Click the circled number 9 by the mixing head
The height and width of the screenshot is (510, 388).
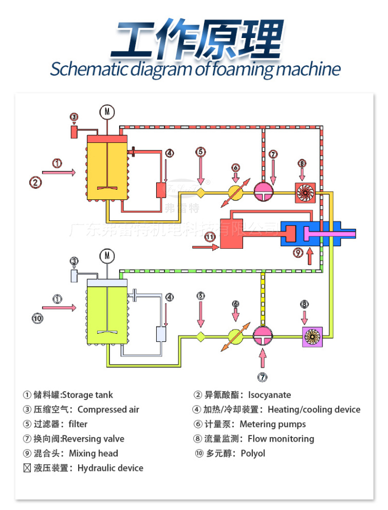pyautogui.click(x=299, y=252)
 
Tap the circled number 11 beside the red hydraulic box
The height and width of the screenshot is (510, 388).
pyautogui.click(x=210, y=237)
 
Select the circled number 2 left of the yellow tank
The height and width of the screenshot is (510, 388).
pyautogui.click(x=35, y=181)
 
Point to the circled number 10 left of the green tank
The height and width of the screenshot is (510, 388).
pyautogui.click(x=38, y=318)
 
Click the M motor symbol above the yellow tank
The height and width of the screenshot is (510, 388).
pyautogui.click(x=106, y=112)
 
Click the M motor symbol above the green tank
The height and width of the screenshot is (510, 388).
pyautogui.click(x=107, y=255)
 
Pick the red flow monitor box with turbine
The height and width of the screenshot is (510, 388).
pyautogui.click(x=304, y=191)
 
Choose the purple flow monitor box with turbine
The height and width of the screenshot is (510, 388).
pyautogui.click(x=312, y=336)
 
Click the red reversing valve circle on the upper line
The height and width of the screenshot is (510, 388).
pyautogui.click(x=265, y=191)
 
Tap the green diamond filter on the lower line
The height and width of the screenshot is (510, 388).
pyautogui.click(x=200, y=336)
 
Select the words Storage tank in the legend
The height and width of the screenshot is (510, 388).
pyautogui.click(x=87, y=395)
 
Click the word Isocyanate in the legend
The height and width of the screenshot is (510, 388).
pyautogui.click(x=269, y=395)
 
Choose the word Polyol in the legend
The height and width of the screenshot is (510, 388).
pyautogui.click(x=253, y=453)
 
